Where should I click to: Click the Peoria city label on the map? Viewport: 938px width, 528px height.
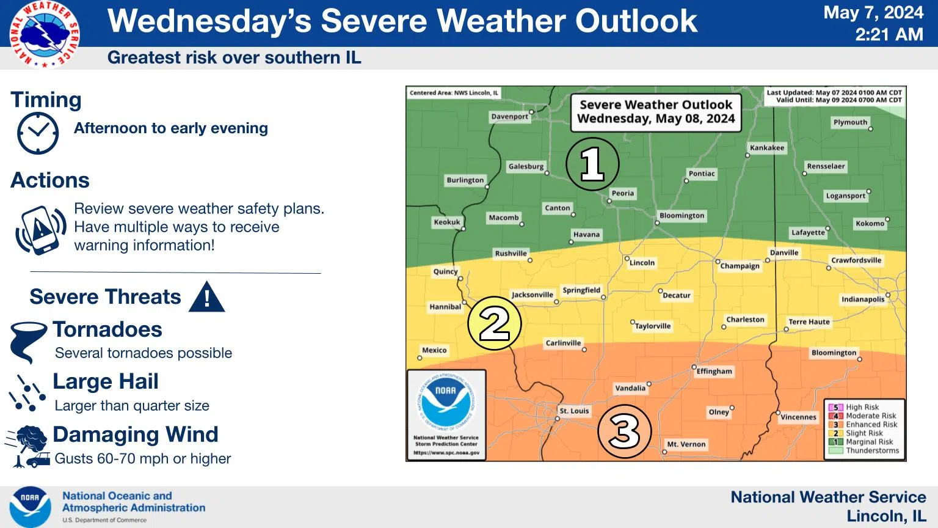[622, 193]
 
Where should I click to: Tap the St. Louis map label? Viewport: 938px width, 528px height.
[574, 411]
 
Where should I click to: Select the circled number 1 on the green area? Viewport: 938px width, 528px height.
[592, 164]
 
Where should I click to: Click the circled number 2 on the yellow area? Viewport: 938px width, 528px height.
[494, 323]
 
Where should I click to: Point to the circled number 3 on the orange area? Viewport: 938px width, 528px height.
[624, 431]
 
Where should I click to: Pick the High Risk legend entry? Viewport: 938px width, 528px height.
[862, 407]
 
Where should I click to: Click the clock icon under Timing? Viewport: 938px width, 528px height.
[38, 133]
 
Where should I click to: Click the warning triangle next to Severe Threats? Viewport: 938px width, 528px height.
[207, 298]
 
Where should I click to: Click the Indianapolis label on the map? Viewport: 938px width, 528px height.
[862, 299]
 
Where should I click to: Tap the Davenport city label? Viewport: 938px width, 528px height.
[509, 116]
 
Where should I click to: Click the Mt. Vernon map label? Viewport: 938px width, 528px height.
[686, 444]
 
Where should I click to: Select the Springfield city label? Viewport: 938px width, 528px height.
[581, 290]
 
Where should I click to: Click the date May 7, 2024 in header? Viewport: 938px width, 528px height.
[873, 13]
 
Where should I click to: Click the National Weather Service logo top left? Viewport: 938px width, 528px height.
[44, 34]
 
